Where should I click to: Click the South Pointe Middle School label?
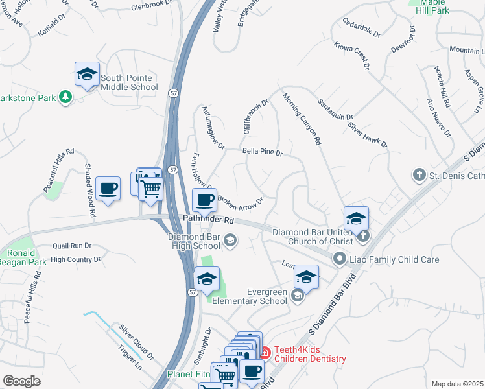pyautogui.click(x=128, y=82)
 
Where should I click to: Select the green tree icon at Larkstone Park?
pyautogui.click(x=65, y=97)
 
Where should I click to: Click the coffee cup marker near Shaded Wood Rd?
pyautogui.click(x=108, y=189)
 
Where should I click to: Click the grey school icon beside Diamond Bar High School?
pyautogui.click(x=230, y=241)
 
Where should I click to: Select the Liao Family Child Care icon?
pyautogui.click(x=339, y=259)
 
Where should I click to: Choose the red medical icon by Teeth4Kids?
pyautogui.click(x=265, y=353)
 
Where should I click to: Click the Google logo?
pyautogui.click(x=21, y=381)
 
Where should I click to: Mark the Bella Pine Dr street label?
pyautogui.click(x=263, y=152)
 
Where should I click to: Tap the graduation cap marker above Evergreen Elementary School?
pyautogui.click(x=306, y=277)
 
